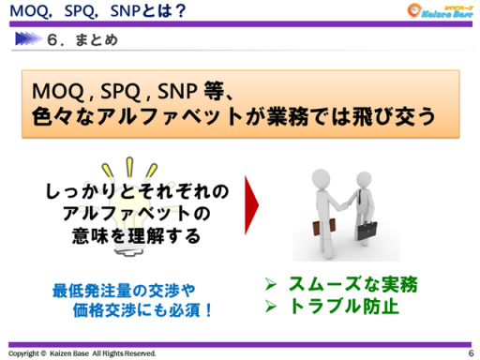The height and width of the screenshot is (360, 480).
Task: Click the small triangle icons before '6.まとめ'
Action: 37,41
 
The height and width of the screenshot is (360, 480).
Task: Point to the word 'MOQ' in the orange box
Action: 55,92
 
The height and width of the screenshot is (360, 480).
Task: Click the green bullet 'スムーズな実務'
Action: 352,284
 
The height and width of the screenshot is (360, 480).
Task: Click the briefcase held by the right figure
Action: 368,230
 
